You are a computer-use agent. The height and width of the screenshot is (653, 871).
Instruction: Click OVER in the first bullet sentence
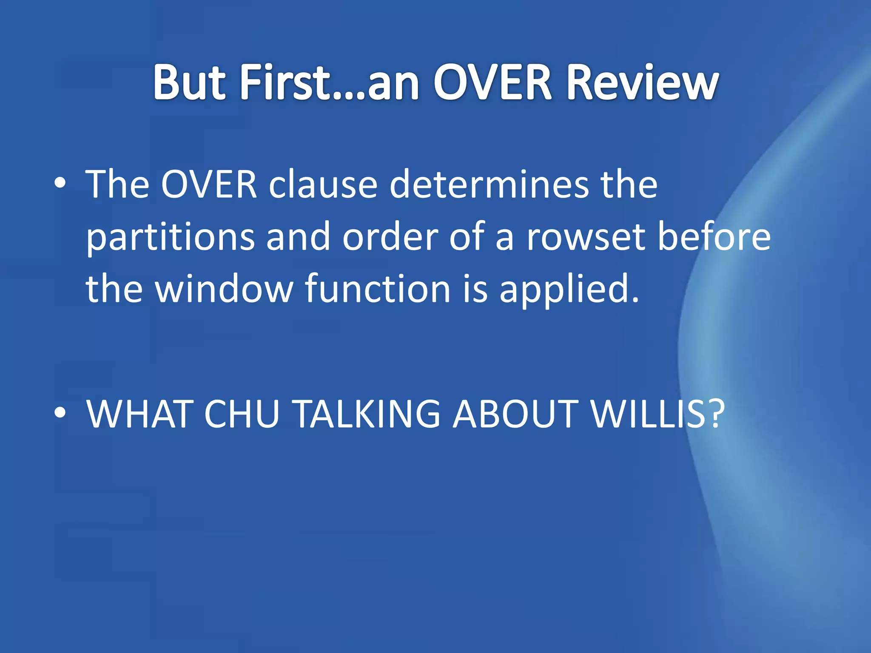tap(209, 185)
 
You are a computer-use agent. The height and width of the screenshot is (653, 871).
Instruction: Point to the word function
tap(378, 289)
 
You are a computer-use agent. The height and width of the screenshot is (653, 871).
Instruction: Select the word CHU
tap(241, 414)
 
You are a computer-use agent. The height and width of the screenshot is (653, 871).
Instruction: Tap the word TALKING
tap(367, 414)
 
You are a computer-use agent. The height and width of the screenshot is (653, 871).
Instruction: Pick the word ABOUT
tap(515, 414)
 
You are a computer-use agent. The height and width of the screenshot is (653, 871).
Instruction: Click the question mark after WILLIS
tap(714, 414)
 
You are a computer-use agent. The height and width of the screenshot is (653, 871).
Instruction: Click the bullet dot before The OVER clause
tap(60, 184)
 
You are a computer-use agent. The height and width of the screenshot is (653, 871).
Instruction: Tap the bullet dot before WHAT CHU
tap(60, 413)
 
